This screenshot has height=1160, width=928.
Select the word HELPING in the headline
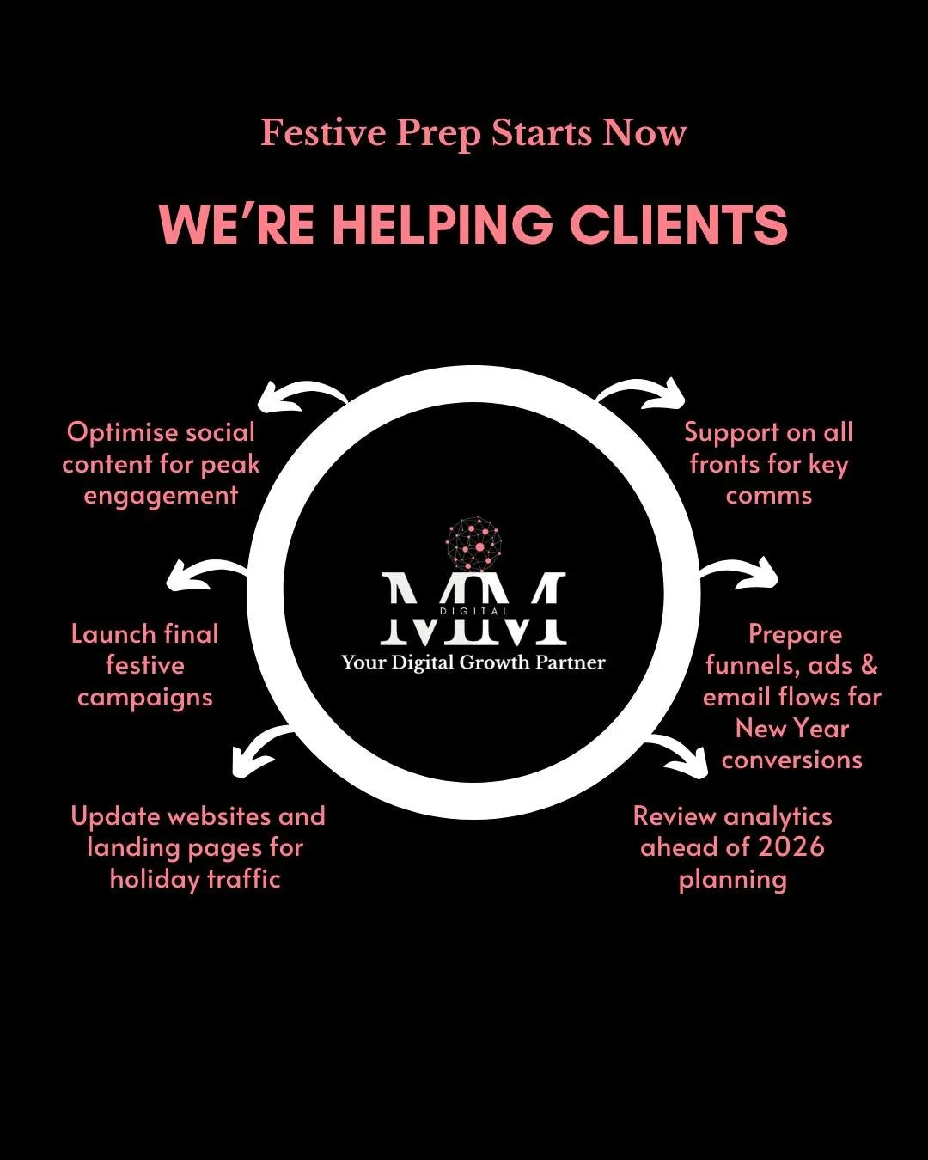(x=443, y=225)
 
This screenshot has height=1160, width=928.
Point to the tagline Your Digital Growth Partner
(x=473, y=662)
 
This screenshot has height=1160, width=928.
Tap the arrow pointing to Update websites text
(x=260, y=749)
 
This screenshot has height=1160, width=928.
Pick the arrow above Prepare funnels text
(x=741, y=573)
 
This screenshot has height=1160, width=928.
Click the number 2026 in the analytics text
(x=791, y=847)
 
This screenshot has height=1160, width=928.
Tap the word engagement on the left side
(x=161, y=497)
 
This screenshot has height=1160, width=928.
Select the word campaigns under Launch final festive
(x=144, y=698)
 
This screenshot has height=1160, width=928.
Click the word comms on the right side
(x=768, y=496)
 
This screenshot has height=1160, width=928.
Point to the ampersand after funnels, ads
(x=869, y=665)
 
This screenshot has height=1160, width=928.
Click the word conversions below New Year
(x=791, y=760)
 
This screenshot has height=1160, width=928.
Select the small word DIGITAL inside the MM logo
(x=473, y=611)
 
